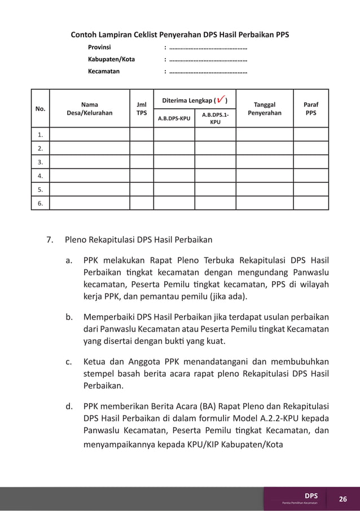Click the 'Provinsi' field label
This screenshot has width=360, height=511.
pyautogui.click(x=99, y=47)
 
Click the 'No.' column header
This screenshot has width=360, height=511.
pyautogui.click(x=40, y=108)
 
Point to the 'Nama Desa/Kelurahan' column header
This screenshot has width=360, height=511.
pyautogui.click(x=89, y=108)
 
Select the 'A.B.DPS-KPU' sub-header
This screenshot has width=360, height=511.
pyautogui.click(x=174, y=119)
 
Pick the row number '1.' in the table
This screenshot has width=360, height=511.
pyautogui.click(x=40, y=134)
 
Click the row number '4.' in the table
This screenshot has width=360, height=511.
pyautogui.click(x=40, y=176)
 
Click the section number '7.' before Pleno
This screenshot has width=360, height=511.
pyautogui.click(x=50, y=239)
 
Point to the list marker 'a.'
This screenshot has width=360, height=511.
pyautogui.click(x=68, y=261)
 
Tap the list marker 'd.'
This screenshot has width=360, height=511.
pyautogui.click(x=68, y=405)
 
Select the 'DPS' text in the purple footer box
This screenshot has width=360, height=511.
pyautogui.click(x=311, y=495)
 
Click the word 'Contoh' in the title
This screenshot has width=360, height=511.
pyautogui.click(x=83, y=34)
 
